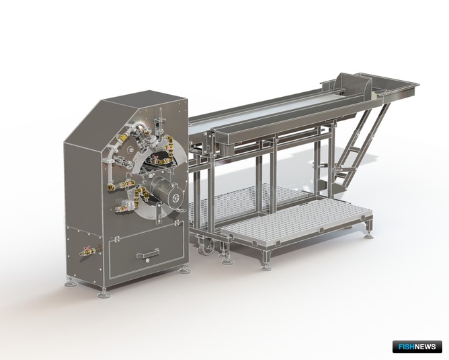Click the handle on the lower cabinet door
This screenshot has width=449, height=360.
(147, 254)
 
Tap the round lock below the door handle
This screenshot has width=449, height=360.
(147, 261)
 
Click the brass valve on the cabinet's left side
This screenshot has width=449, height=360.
(87, 251)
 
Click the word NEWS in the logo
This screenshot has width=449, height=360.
(425, 347)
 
